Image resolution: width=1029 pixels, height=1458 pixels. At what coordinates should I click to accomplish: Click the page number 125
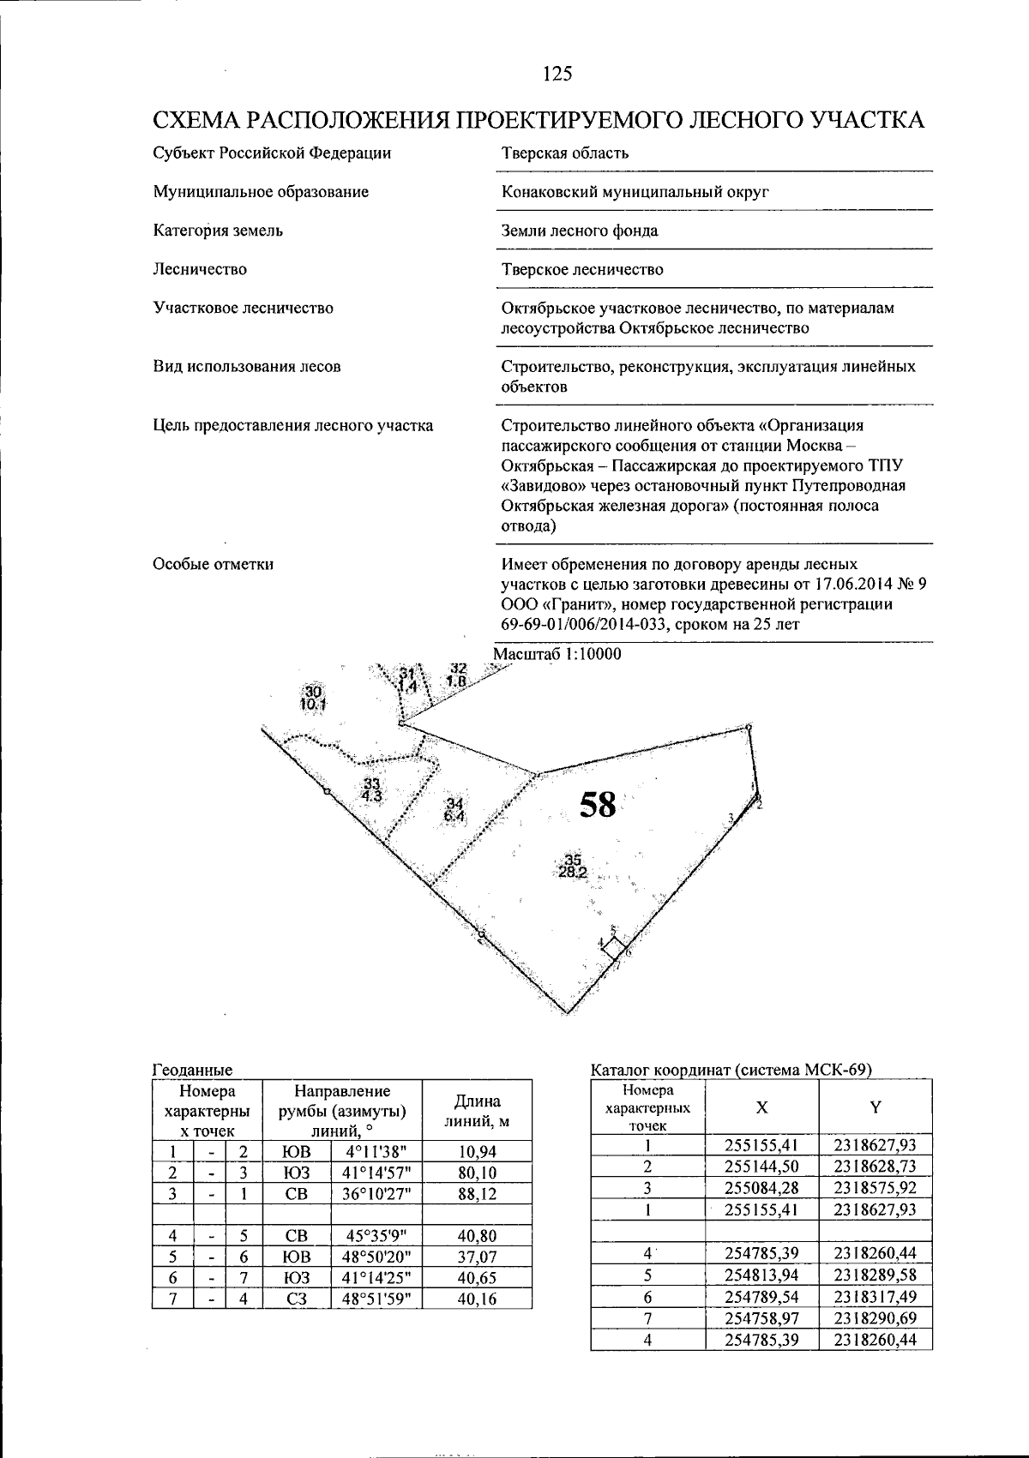click(557, 74)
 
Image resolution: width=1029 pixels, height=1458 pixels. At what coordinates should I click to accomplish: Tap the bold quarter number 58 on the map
click(598, 804)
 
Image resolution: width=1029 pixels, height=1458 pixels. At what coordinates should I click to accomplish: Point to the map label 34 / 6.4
click(454, 810)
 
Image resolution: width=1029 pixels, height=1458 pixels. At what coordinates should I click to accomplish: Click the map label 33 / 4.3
click(371, 789)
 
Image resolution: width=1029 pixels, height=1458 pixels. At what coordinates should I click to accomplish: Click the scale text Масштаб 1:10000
click(557, 654)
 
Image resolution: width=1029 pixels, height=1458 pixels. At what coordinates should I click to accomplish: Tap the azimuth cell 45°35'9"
click(376, 1235)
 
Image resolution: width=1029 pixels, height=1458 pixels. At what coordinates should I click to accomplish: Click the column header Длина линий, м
click(478, 1111)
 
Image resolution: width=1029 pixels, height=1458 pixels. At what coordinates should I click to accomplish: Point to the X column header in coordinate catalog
click(761, 1107)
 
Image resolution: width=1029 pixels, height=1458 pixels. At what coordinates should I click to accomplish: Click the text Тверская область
click(564, 153)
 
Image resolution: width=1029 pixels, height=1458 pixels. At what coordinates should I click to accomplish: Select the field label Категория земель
click(218, 231)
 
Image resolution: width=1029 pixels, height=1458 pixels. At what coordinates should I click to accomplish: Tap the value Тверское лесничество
click(582, 269)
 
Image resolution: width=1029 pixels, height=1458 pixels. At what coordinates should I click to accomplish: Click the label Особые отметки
click(213, 564)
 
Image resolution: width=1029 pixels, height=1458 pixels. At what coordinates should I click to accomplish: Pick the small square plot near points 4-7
click(614, 948)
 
